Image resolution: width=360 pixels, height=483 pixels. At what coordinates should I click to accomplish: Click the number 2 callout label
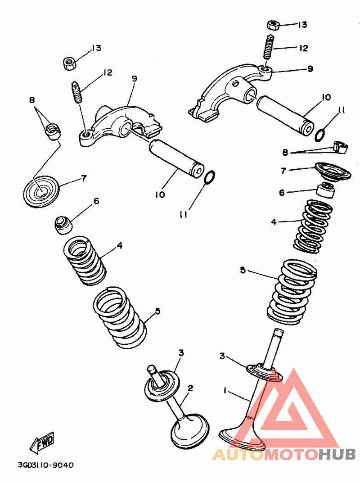coord(190,388)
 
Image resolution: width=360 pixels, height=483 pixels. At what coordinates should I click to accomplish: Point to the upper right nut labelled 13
coord(274,24)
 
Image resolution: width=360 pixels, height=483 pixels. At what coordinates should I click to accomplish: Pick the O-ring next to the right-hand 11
coord(320,134)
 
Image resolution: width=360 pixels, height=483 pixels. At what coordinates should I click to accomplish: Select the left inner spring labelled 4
coord(85,260)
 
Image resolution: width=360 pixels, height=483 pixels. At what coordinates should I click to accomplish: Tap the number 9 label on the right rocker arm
coord(310,69)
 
